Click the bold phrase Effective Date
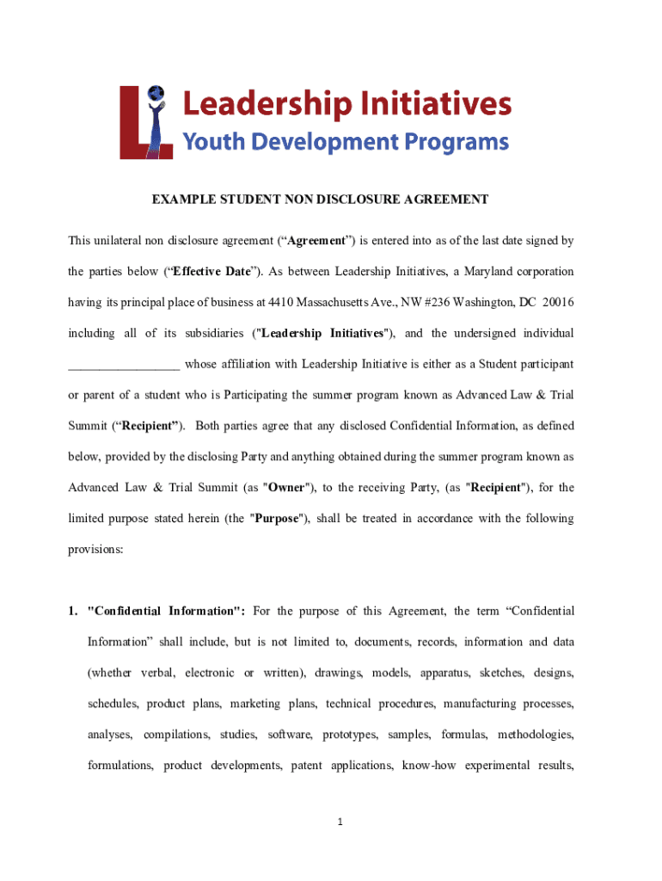click(x=212, y=272)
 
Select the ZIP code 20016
click(x=558, y=303)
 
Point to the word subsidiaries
click(x=205, y=333)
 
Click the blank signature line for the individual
click(x=124, y=365)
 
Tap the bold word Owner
click(x=286, y=487)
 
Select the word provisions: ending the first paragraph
click(x=95, y=549)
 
